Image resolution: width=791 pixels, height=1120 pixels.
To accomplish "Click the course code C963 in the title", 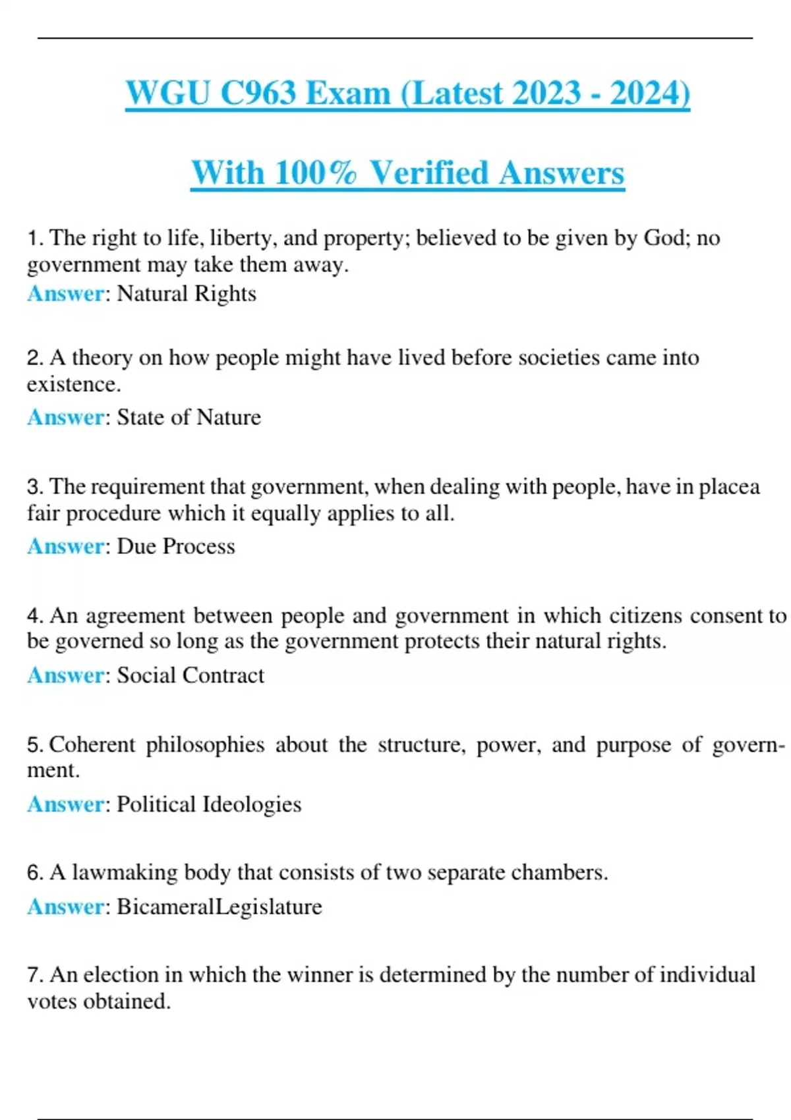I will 258,93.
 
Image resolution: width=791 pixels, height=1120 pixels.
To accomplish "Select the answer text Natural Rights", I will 186,293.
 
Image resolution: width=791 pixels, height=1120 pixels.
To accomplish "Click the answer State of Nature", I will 189,417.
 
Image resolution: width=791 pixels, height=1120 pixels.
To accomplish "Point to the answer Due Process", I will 175,546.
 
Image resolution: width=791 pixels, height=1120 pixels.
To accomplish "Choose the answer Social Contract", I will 190,675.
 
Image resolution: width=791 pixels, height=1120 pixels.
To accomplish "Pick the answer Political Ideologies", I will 209,804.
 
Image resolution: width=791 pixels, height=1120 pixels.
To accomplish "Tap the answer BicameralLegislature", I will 220,907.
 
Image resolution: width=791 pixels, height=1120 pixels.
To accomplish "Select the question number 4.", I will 34,616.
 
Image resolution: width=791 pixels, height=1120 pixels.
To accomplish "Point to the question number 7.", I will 34,975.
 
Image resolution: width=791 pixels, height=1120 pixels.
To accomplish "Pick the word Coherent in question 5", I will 92,744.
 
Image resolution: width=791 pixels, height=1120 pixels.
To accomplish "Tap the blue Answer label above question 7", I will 65,907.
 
